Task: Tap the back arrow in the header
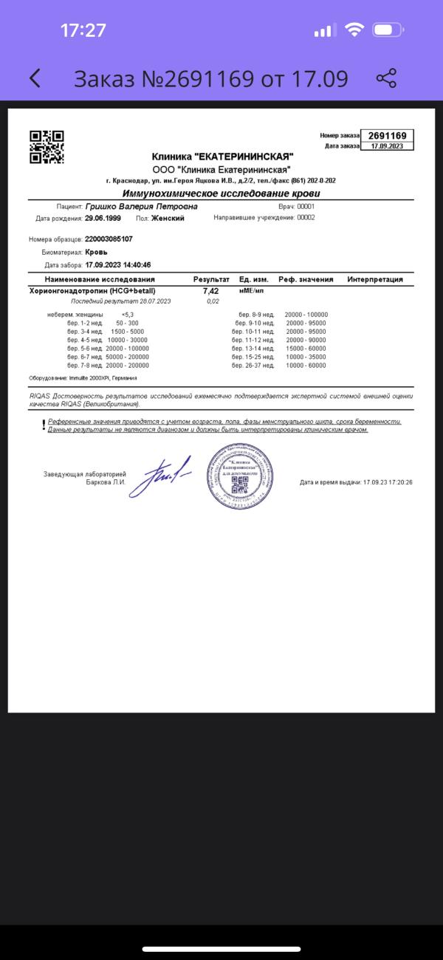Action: pos(35,78)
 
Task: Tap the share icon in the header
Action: pos(386,78)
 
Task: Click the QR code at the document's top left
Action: pos(47,146)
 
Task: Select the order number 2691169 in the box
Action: pos(388,136)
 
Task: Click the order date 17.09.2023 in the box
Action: pos(388,145)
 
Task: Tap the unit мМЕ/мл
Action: pos(251,291)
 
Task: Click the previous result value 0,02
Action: pos(213,301)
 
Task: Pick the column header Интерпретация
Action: pos(375,280)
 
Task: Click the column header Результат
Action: pos(211,280)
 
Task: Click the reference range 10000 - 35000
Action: pos(306,357)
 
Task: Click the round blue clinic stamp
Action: pos(238,476)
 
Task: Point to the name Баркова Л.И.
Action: pos(106,482)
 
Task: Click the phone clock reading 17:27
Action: pos(83,30)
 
